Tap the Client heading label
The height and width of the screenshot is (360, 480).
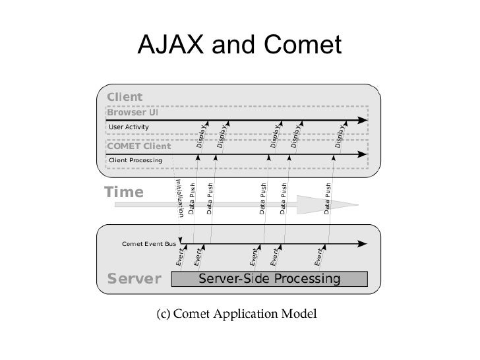click(x=124, y=98)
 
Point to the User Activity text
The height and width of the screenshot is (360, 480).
click(x=129, y=127)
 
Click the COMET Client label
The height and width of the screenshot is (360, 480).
click(x=138, y=146)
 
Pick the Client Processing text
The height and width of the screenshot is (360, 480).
click(x=135, y=160)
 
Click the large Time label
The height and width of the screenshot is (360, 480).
click(x=124, y=193)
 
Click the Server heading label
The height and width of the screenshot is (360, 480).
click(x=129, y=278)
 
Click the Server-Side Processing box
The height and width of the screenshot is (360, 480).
click(x=270, y=279)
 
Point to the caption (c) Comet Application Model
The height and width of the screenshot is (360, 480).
click(x=237, y=312)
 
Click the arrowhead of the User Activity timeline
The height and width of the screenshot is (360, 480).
click(x=363, y=120)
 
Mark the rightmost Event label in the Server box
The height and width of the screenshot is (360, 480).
click(x=319, y=257)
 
